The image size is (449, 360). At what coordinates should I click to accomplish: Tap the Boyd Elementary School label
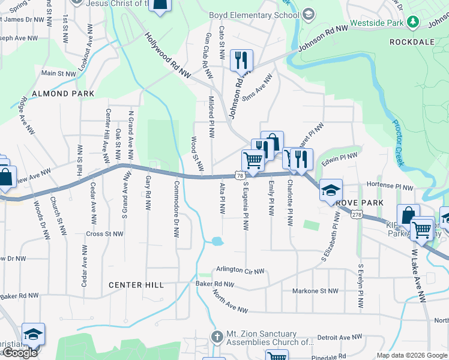(x=253, y=15)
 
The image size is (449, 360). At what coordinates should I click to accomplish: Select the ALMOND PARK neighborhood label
(x=63, y=94)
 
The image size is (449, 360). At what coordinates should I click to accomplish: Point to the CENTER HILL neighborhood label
(x=136, y=285)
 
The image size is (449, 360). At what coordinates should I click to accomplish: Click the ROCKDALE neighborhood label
(x=411, y=42)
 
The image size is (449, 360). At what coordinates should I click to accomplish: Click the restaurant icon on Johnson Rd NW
(x=241, y=61)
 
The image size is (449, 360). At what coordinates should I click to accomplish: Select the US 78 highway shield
(x=240, y=175)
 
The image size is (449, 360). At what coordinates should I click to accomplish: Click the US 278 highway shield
(x=357, y=214)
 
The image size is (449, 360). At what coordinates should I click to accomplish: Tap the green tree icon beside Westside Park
(x=412, y=22)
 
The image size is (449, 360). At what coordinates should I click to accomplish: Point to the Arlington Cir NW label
(x=240, y=271)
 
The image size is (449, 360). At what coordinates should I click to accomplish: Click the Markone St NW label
(x=315, y=290)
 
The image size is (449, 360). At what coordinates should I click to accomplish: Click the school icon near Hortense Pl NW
(x=330, y=190)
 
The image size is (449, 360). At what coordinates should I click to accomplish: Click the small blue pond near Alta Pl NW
(x=217, y=241)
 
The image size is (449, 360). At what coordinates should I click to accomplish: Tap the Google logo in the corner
(x=20, y=353)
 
